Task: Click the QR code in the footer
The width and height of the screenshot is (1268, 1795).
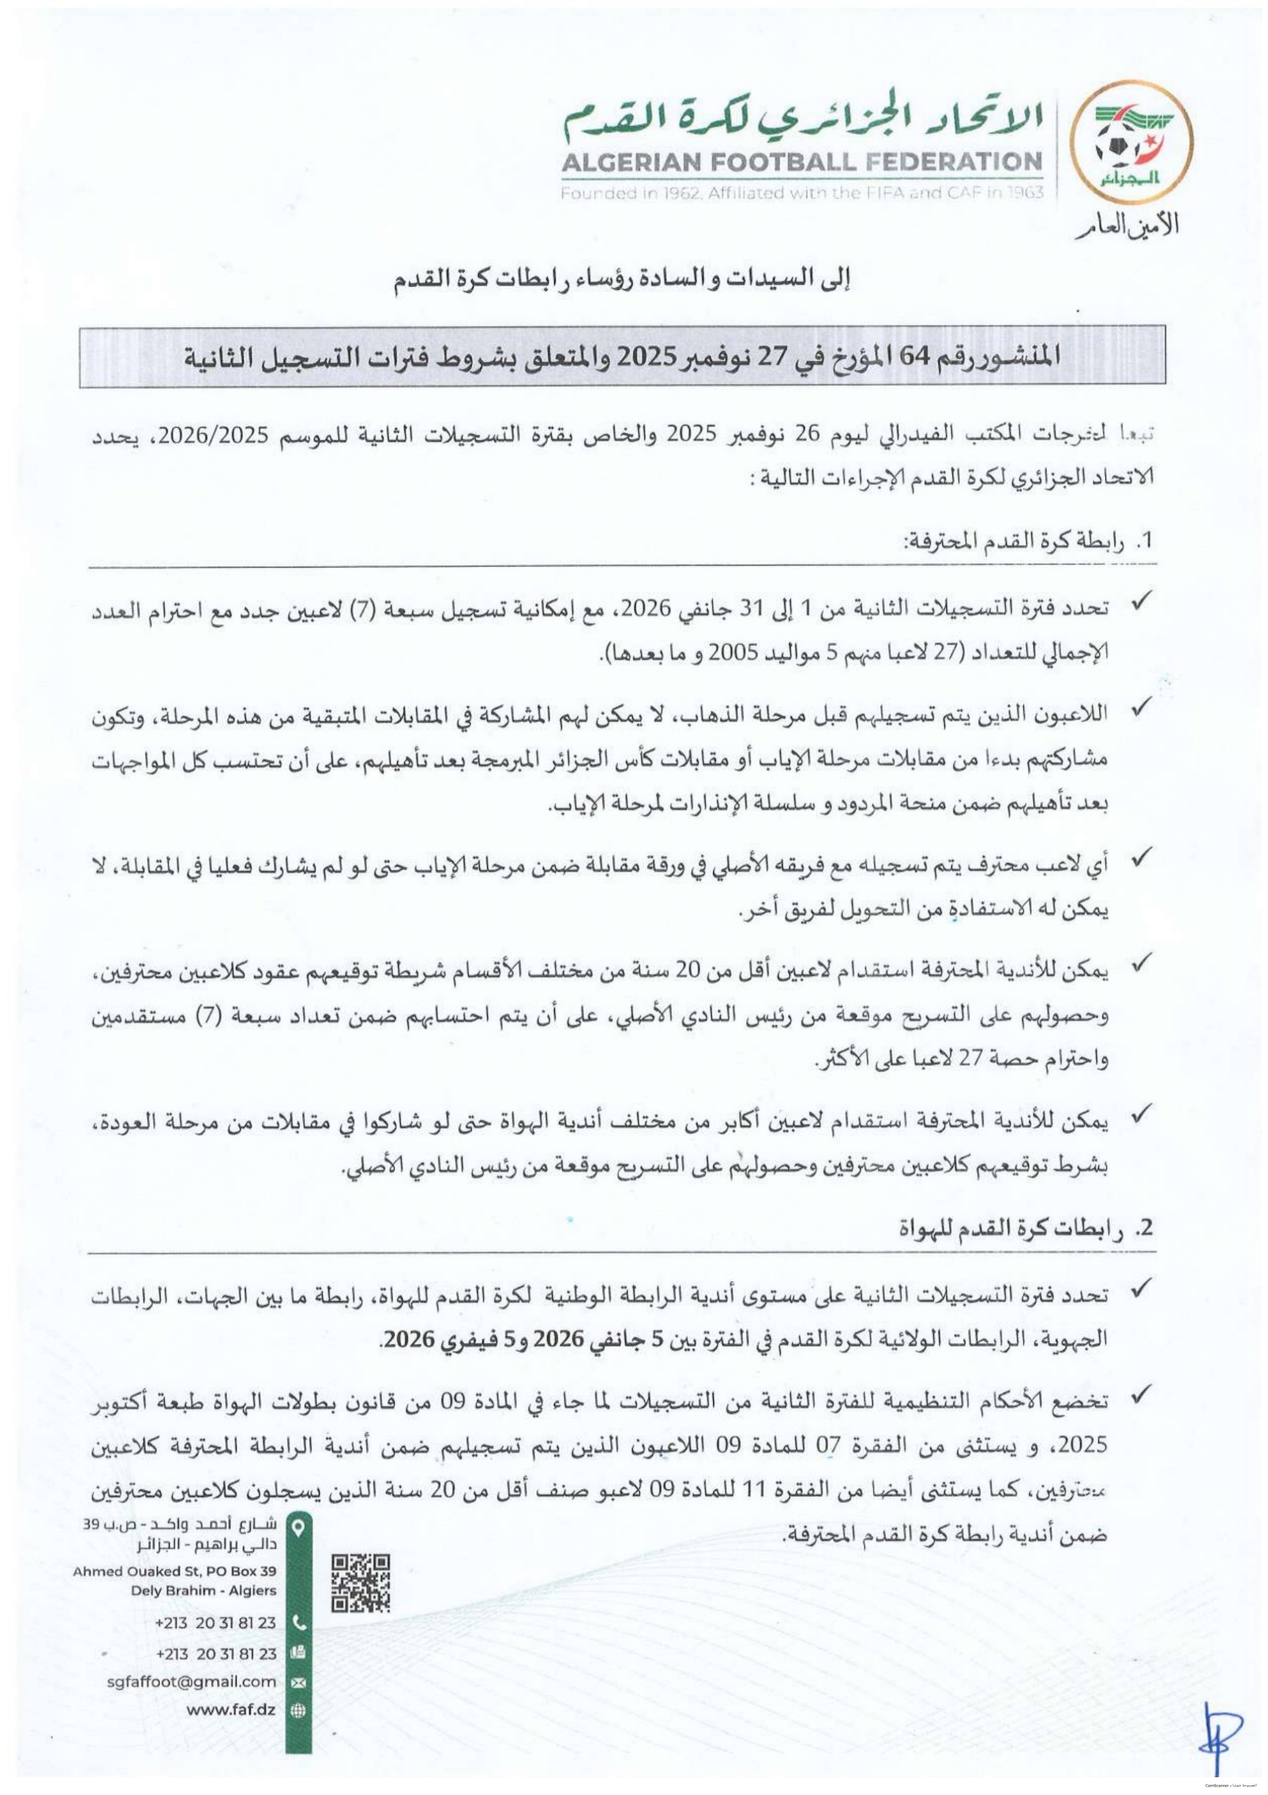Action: [360, 1584]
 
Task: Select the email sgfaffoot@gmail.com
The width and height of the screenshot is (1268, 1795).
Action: [192, 1681]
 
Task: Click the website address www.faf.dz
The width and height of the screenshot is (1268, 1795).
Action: [232, 1709]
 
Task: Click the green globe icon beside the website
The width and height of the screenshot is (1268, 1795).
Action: [297, 1710]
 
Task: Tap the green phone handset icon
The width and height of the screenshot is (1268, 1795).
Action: [297, 1623]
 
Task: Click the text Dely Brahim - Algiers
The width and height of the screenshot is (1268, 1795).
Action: [204, 1590]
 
